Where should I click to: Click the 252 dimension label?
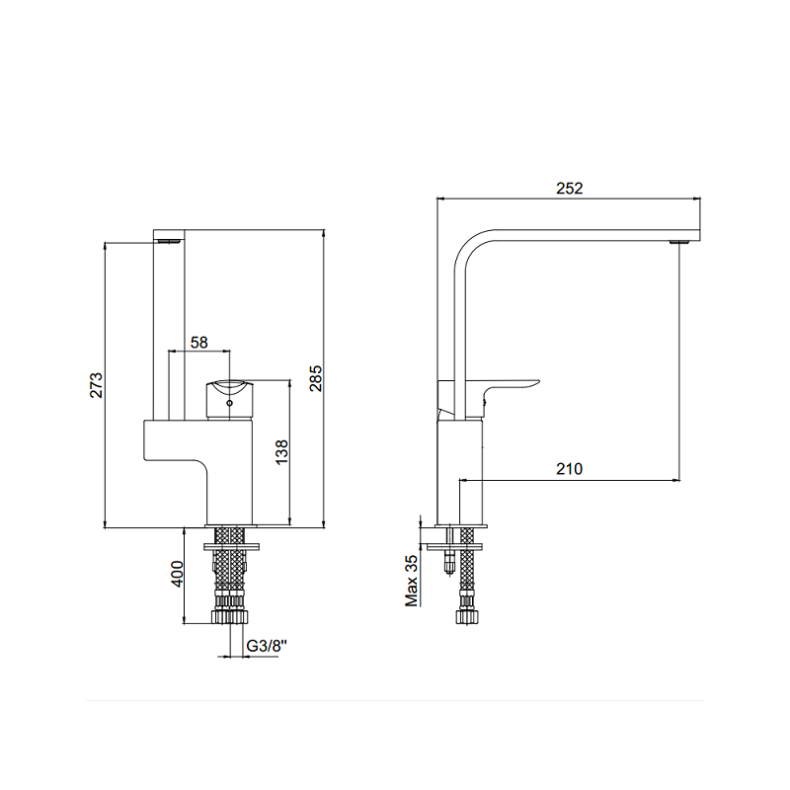pos(570,188)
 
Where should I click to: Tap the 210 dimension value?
pos(570,469)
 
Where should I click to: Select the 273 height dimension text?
pos(96,385)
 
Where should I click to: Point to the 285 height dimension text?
pos(316,378)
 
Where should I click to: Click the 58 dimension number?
pos(199,343)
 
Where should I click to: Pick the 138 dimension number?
pos(282,452)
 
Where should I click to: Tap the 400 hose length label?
pos(178,574)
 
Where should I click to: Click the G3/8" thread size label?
pos(267,646)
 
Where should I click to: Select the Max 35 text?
pos(412,581)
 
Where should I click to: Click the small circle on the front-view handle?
pos(230,403)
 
